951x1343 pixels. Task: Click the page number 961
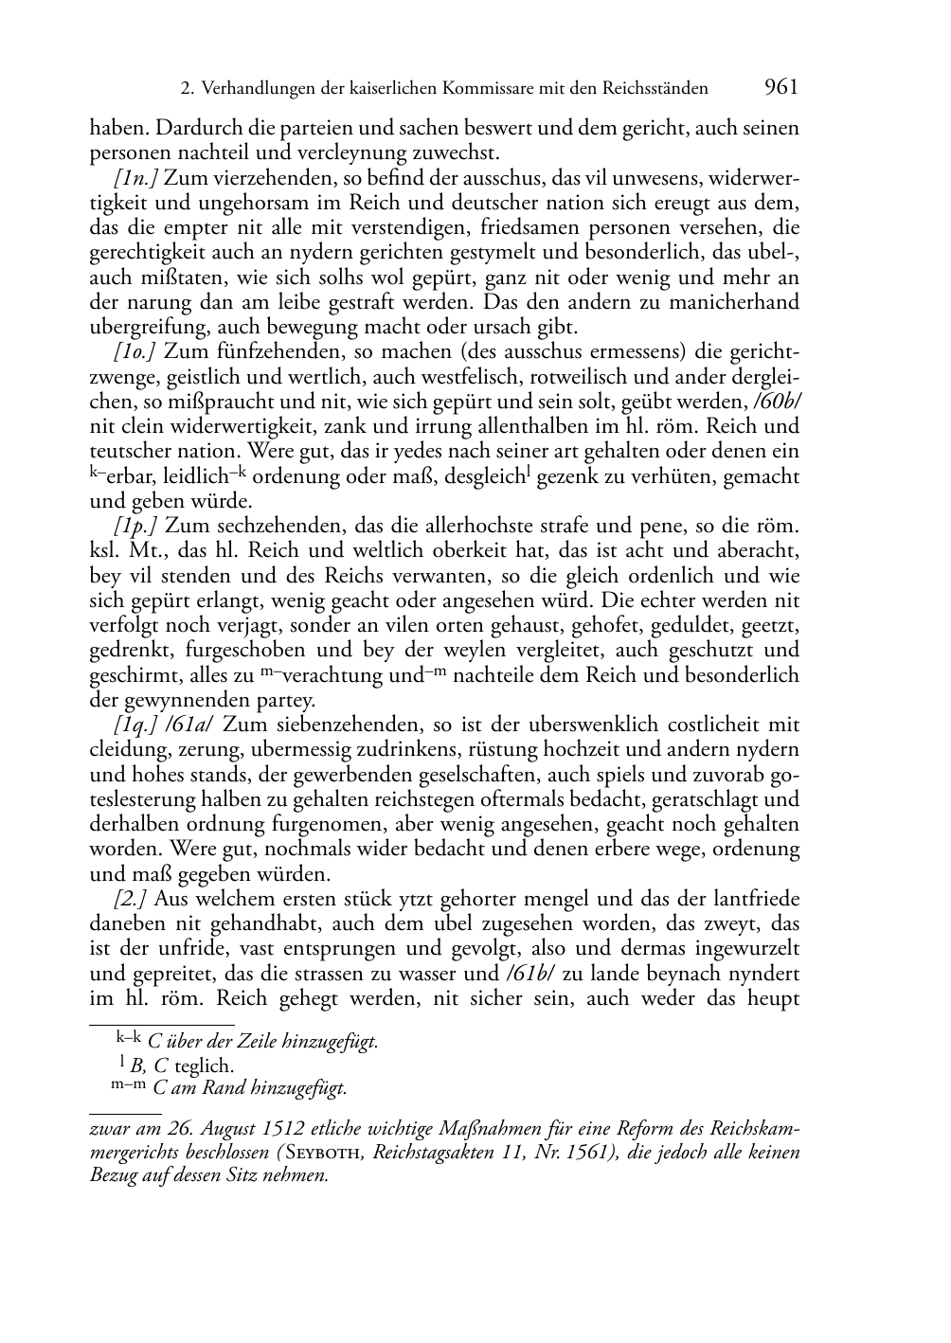tap(781, 88)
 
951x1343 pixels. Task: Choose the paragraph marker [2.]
tap(131, 900)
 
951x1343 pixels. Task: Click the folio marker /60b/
tap(777, 402)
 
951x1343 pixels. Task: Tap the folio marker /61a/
tap(191, 725)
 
